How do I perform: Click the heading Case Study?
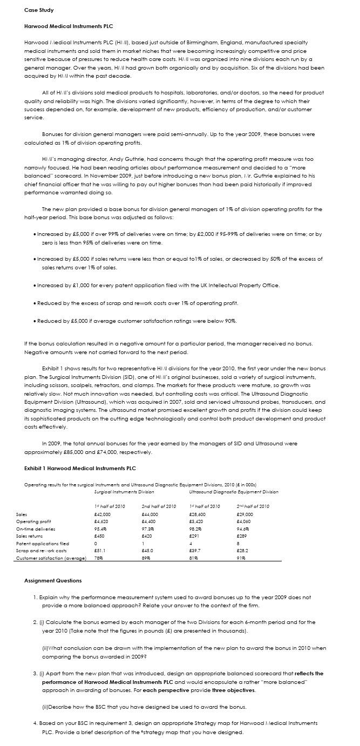[x=39, y=10]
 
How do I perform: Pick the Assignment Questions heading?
[x=53, y=581]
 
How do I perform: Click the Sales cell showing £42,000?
[x=103, y=514]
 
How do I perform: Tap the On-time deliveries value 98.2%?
[x=196, y=529]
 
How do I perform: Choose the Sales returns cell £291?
[x=195, y=536]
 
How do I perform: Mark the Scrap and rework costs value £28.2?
[x=243, y=551]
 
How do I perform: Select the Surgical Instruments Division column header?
[x=124, y=492]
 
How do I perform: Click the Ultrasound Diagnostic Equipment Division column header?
[x=234, y=492]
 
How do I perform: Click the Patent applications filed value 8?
[x=238, y=544]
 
